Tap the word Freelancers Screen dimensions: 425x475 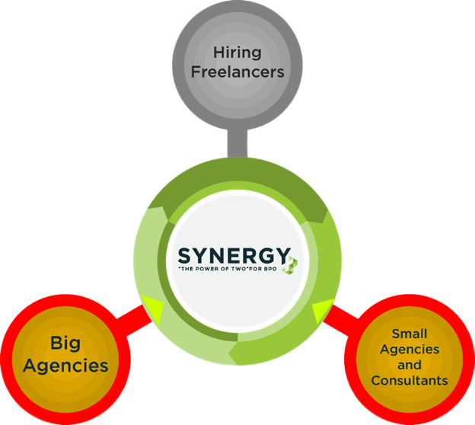(x=237, y=72)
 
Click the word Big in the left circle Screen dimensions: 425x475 (x=65, y=343)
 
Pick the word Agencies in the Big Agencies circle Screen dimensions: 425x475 (x=65, y=365)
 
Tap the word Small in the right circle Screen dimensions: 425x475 (x=410, y=334)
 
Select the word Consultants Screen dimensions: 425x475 (x=410, y=380)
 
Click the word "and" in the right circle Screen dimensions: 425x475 (x=410, y=365)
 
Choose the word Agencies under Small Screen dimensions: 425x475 (x=410, y=349)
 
